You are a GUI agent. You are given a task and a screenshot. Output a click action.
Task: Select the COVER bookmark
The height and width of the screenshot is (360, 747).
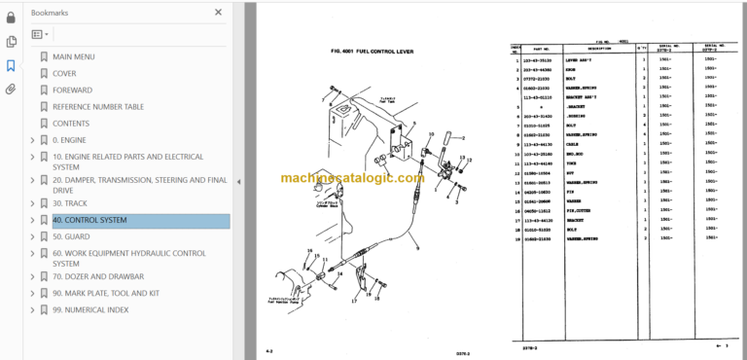pyautogui.click(x=64, y=73)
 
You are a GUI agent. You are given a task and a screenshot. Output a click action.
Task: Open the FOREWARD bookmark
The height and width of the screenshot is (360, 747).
pyautogui.click(x=73, y=90)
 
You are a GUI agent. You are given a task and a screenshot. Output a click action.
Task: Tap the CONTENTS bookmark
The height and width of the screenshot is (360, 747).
pyautogui.click(x=70, y=124)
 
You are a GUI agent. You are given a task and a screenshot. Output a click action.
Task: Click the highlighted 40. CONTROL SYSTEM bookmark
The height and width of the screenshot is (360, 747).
pyautogui.click(x=89, y=220)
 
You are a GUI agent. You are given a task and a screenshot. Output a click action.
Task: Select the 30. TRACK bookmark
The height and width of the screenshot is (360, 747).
pyautogui.click(x=71, y=203)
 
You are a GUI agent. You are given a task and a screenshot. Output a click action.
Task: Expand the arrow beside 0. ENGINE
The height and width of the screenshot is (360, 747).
pyautogui.click(x=32, y=140)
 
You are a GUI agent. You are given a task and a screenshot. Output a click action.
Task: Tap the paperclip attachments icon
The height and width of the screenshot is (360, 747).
pyautogui.click(x=11, y=90)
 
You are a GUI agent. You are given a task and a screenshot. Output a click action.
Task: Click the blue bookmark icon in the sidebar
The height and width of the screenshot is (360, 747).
pyautogui.click(x=11, y=65)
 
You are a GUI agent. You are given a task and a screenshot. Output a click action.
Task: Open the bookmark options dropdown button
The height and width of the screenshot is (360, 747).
pyautogui.click(x=40, y=34)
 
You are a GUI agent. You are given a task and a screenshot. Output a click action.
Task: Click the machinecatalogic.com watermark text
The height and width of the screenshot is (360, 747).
pyautogui.click(x=338, y=178)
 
